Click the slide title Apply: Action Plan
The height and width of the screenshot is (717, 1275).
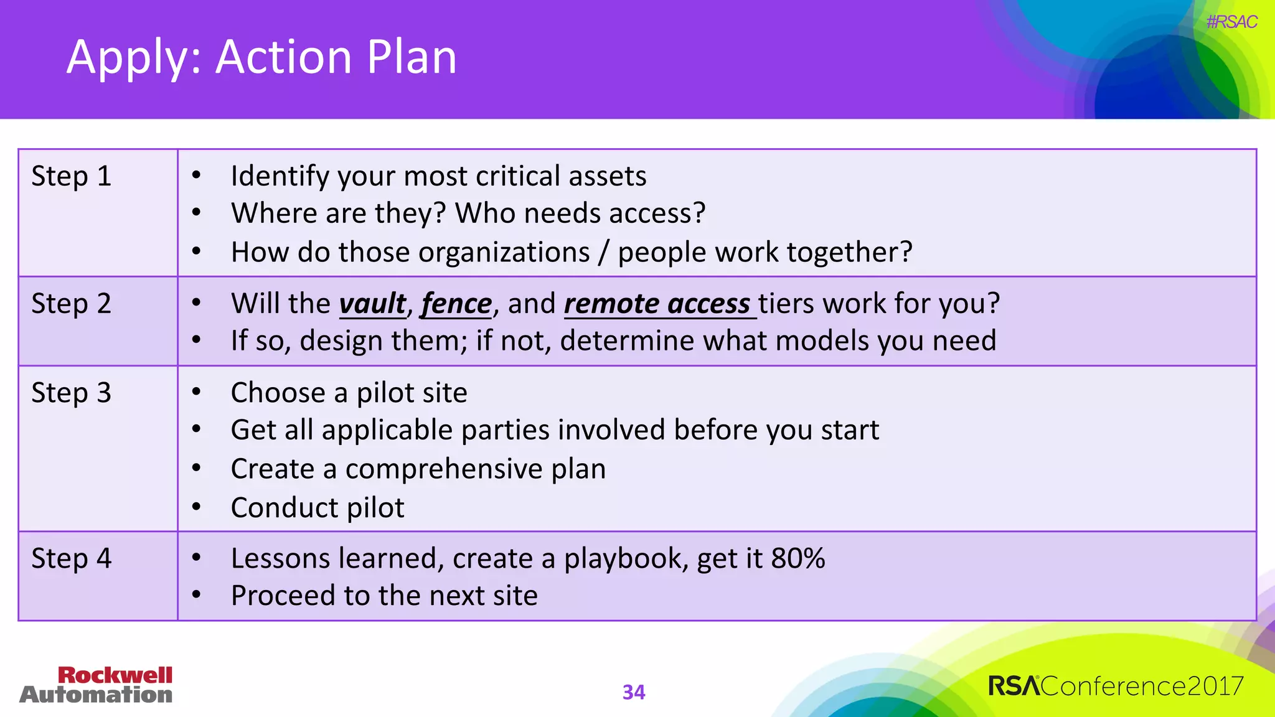(261, 57)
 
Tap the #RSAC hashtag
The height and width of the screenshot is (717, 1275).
(1231, 22)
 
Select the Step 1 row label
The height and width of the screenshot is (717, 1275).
(71, 176)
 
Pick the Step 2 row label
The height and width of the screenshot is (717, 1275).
(71, 304)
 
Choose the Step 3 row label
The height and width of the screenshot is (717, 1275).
(71, 393)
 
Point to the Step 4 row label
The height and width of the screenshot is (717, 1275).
(71, 558)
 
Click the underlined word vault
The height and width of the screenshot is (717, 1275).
(372, 304)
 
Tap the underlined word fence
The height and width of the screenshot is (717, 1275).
(456, 304)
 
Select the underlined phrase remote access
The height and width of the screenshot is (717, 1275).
(657, 304)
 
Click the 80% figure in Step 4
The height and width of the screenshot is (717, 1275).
(797, 558)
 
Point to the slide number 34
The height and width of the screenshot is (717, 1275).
(634, 692)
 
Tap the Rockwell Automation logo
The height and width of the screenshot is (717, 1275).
(96, 685)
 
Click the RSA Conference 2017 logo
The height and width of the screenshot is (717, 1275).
(1116, 686)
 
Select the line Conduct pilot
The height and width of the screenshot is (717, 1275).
(318, 508)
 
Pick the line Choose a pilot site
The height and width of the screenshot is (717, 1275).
(349, 393)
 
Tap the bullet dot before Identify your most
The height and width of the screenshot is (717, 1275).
(196, 176)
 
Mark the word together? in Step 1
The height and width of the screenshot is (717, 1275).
(849, 253)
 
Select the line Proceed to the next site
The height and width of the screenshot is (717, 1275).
(384, 596)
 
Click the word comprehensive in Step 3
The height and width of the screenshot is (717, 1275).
(444, 469)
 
